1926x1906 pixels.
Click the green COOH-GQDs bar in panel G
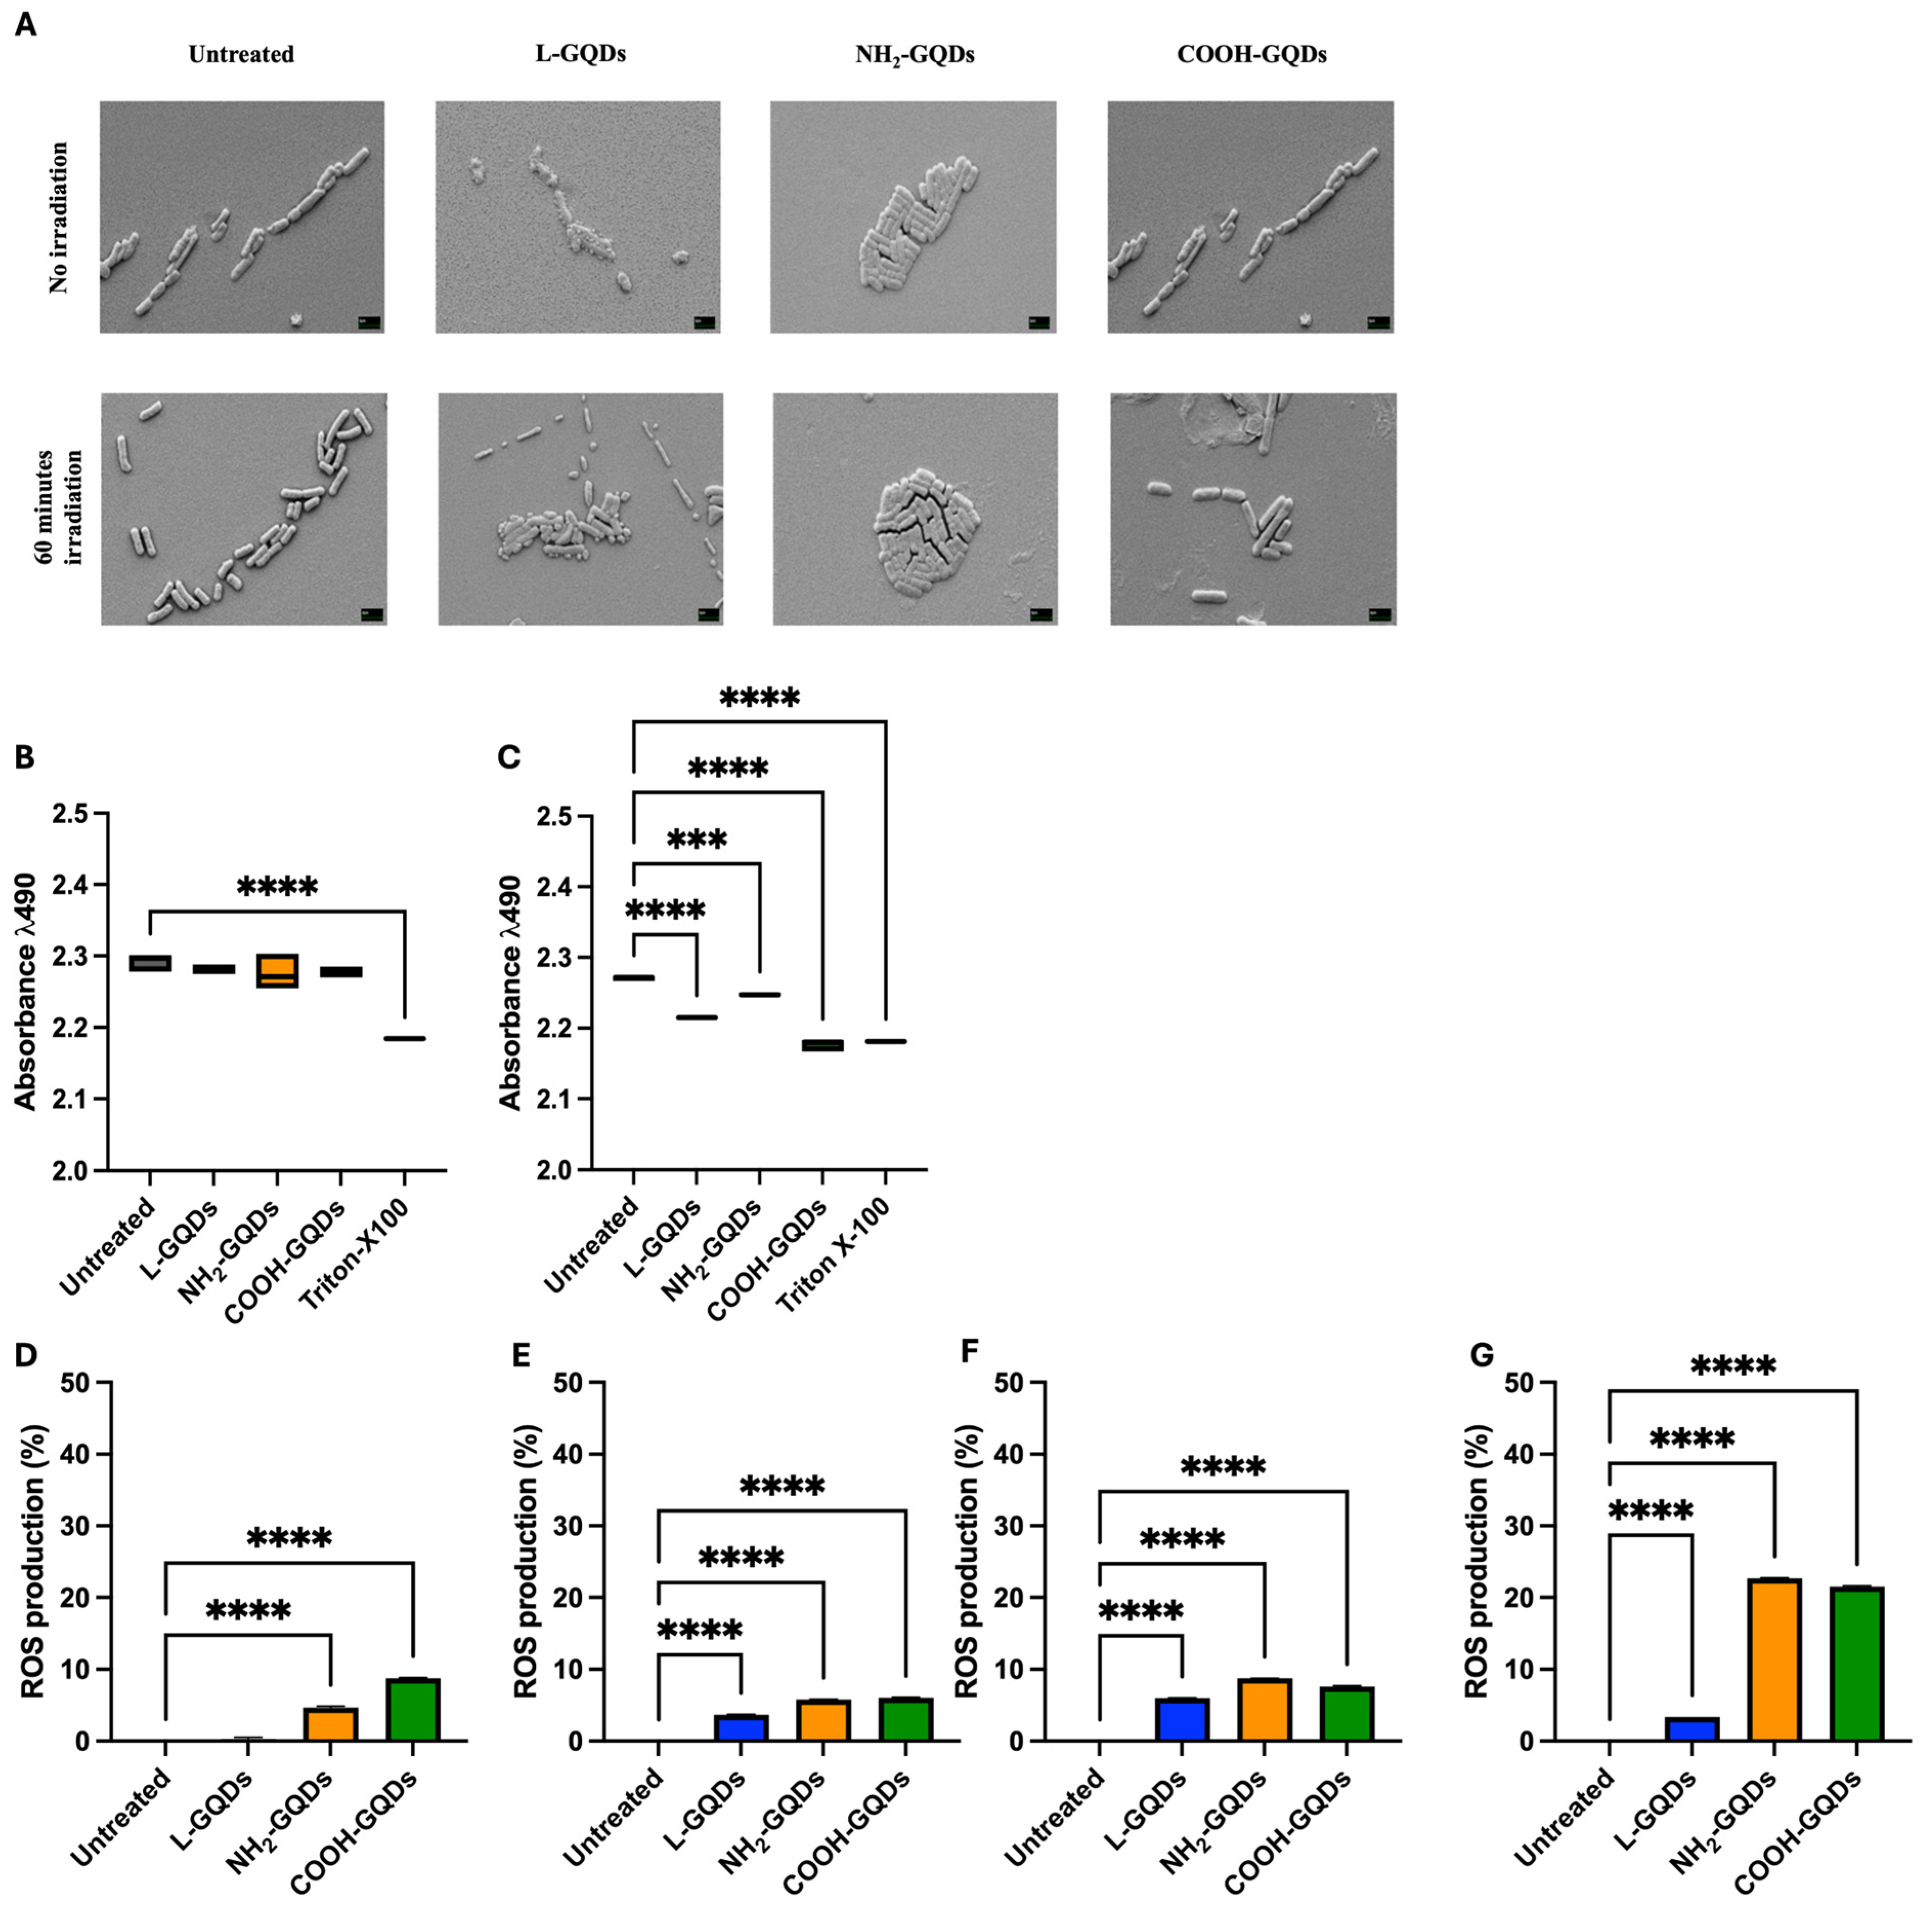point(1856,1664)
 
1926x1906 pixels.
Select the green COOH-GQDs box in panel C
point(822,1045)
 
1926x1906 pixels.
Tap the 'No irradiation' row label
point(60,217)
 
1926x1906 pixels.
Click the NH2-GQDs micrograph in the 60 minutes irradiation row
point(914,508)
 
